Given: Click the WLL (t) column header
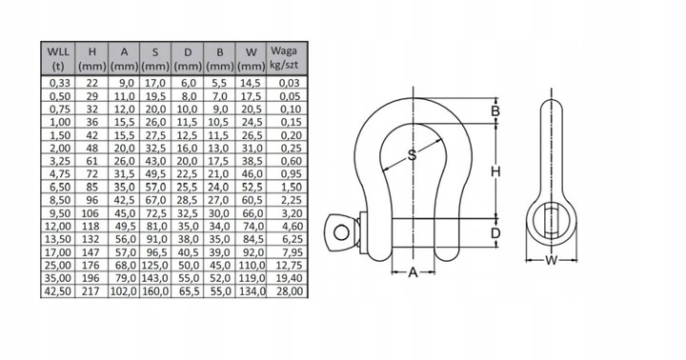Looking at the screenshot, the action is pos(58,59).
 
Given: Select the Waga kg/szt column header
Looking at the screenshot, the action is pos(284,58).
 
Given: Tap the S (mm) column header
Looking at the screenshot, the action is pos(155,59).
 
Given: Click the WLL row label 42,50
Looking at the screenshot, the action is pos(58,290).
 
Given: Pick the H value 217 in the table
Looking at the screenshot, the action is pos(91,290).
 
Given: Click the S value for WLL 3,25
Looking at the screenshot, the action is pos(155,161).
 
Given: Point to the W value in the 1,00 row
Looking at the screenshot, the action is pos(252,122).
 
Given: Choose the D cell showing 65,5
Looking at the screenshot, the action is pos(188,290).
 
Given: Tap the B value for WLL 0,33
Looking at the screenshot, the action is pos(220,83).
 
